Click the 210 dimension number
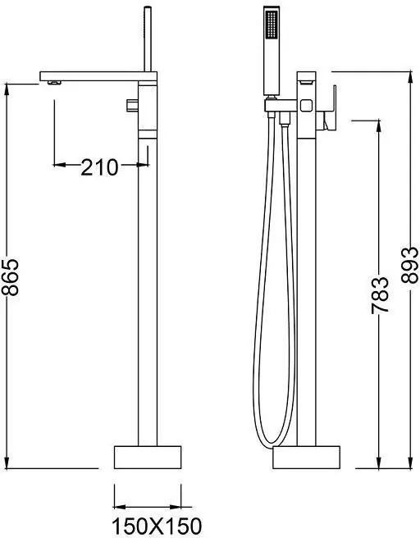pyautogui.click(x=99, y=167)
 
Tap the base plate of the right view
pyautogui.click(x=306, y=457)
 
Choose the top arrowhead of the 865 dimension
pyautogui.click(x=8, y=88)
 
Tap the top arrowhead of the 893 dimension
pyautogui.click(x=410, y=75)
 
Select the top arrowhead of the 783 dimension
pyautogui.click(x=379, y=125)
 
